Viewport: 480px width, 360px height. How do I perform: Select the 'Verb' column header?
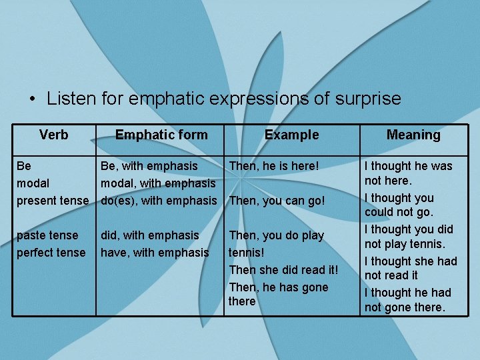(x=53, y=135)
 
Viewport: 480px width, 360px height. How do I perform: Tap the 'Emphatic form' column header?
(x=161, y=135)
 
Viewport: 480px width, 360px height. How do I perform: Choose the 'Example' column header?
(x=291, y=135)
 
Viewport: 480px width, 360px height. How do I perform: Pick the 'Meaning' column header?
(x=413, y=135)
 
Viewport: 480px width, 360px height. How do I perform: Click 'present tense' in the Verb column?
(x=53, y=200)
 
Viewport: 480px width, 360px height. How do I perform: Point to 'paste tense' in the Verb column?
(x=47, y=235)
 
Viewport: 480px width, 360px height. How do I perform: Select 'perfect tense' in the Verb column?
(x=51, y=253)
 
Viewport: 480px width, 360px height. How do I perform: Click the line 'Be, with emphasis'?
(x=149, y=165)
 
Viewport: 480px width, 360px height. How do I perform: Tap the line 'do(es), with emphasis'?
(x=159, y=200)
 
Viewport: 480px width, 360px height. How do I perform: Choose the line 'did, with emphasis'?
(x=149, y=235)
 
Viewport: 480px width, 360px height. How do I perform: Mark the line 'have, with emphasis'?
(x=155, y=253)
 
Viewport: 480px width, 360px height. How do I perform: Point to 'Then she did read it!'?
(x=283, y=270)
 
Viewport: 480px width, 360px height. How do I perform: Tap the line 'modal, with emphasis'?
(x=158, y=183)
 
